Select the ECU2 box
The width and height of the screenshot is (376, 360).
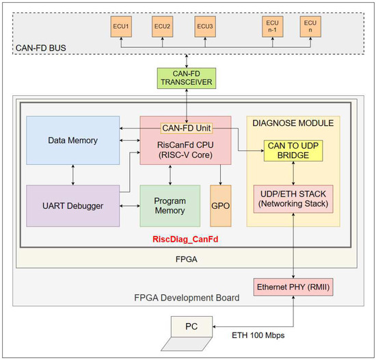[x=162, y=27]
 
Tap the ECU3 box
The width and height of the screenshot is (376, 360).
[x=204, y=27]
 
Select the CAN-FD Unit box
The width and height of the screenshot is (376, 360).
[x=185, y=128]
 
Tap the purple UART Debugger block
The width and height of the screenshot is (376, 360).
[x=72, y=205]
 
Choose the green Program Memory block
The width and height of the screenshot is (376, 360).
[x=170, y=206]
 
